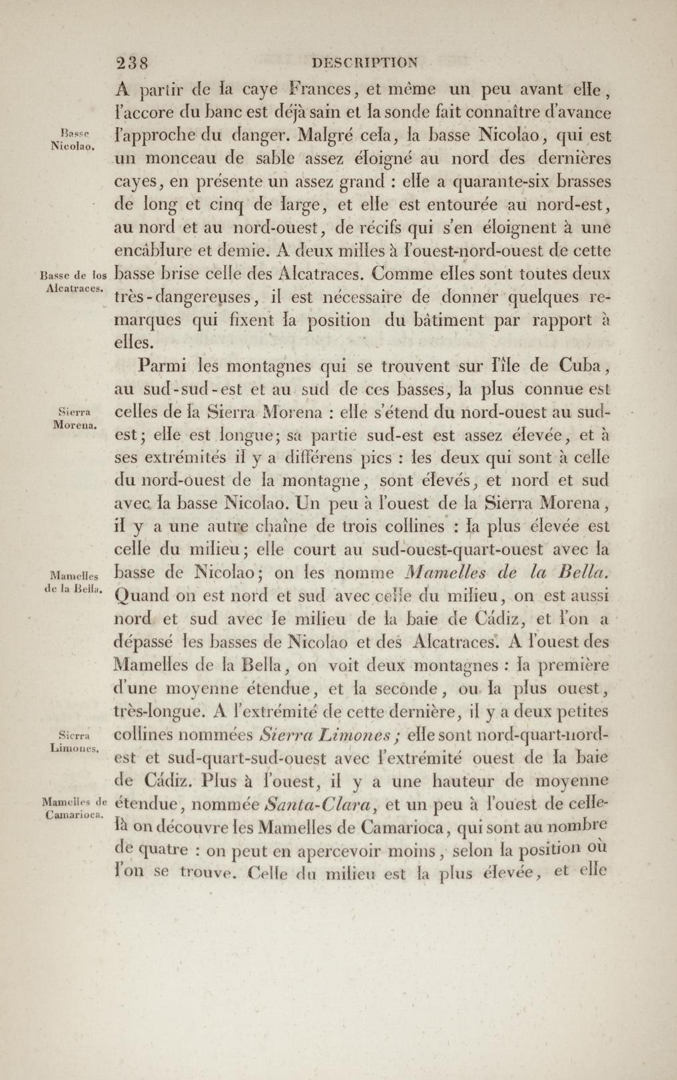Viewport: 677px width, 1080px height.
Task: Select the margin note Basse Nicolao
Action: click(x=72, y=138)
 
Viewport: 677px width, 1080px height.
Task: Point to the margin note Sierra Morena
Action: click(x=74, y=418)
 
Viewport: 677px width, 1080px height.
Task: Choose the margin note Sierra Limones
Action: click(x=74, y=741)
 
